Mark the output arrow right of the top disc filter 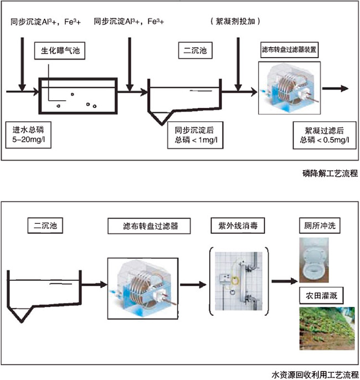(x=335, y=89)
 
